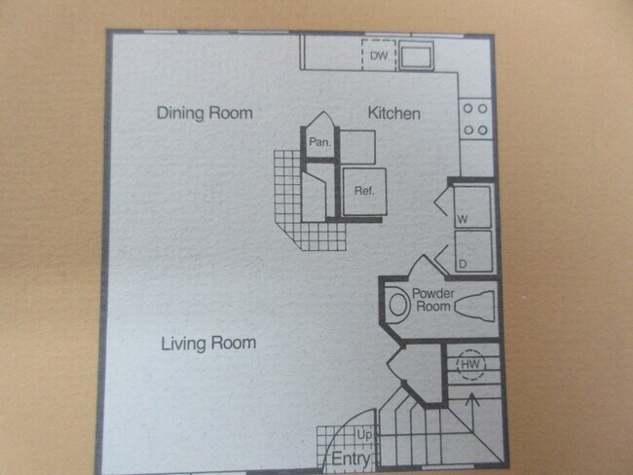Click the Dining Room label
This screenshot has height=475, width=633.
205,113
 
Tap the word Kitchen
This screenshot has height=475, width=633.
393,114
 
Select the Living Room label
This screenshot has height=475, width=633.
207,343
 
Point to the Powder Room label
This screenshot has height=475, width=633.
434,299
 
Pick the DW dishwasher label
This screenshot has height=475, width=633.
380,56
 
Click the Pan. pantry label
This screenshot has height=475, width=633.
319,142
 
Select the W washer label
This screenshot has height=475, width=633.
461,220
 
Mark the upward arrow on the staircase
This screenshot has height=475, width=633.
471,409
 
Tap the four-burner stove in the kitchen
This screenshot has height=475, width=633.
474,119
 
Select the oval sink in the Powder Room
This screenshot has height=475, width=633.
396,304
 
